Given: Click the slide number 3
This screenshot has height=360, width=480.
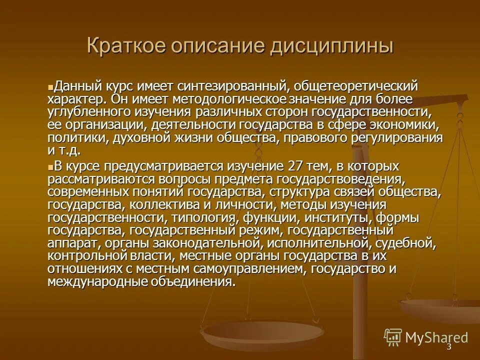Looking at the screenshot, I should (x=448, y=346).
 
